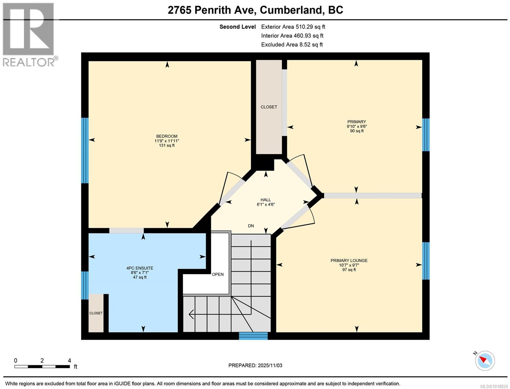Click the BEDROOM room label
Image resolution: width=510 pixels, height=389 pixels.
point(167,136)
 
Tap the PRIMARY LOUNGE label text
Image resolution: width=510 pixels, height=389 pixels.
point(349,261)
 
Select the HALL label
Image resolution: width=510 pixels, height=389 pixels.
point(266,200)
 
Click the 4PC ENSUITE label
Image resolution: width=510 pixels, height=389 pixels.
point(140,268)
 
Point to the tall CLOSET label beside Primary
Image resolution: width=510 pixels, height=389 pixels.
point(269,107)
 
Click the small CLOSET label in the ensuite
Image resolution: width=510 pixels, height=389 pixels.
point(96,313)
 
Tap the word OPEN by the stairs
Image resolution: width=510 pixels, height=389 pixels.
point(218,274)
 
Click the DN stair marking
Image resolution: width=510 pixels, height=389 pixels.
point(251,226)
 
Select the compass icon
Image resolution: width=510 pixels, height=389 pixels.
point(485,360)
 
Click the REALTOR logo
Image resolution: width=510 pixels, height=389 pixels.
point(29,34)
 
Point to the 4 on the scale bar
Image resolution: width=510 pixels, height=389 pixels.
point(69,360)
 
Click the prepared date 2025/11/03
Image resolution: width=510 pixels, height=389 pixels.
point(270,365)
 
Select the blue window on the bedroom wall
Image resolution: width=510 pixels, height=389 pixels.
point(85,150)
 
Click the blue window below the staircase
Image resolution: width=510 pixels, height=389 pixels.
point(253,336)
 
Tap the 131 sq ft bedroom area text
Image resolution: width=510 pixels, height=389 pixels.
point(167,146)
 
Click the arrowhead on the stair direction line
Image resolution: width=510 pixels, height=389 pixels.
point(191,314)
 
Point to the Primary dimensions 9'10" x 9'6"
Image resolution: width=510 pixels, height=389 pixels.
point(357,126)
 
